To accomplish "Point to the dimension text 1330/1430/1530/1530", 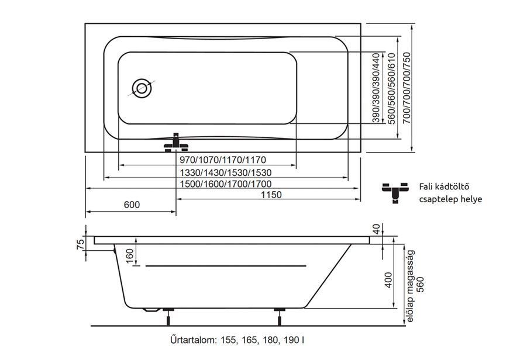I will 225,173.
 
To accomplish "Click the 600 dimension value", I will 132,205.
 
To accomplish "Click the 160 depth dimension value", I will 129,255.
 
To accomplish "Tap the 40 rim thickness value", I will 376,229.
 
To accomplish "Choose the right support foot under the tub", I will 278,316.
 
